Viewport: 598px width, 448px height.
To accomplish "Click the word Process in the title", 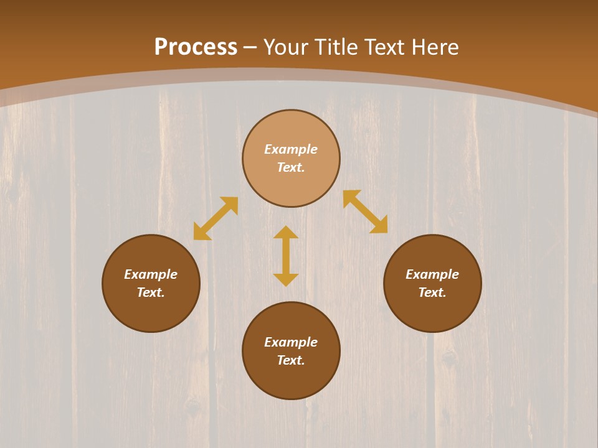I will point(196,47).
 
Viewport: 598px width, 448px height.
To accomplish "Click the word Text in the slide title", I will point(386,47).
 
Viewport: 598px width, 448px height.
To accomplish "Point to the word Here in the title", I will point(435,47).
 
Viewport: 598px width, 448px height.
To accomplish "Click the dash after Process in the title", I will point(250,48).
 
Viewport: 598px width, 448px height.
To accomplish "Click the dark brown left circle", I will point(151,311).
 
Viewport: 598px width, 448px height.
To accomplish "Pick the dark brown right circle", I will point(432,311).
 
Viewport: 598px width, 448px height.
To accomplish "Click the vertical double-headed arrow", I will point(286,256).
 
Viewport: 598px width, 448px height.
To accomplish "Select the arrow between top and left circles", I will point(216,218).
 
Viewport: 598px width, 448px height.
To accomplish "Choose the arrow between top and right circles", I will point(365,212).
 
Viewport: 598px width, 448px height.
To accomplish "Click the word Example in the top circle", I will point(291,149).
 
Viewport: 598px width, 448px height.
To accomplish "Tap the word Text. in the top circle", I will point(291,167).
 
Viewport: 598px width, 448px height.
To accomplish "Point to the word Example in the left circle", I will point(151,274).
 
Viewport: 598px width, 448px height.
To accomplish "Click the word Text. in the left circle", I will point(151,292).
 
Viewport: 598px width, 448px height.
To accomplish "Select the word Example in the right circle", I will point(432,274).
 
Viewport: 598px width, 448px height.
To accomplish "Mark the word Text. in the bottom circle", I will point(291,360).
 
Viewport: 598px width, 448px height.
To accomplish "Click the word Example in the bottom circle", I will point(291,342).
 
